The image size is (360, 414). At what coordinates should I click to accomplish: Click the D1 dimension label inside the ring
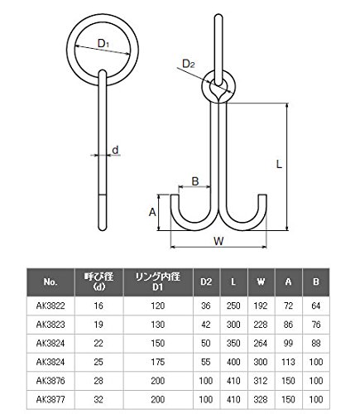[x=103, y=43]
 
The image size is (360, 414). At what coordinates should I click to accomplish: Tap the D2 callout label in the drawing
[x=189, y=64]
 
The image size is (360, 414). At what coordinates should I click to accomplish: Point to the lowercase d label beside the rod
[x=115, y=150]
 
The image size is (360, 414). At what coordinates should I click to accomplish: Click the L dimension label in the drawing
[x=279, y=165]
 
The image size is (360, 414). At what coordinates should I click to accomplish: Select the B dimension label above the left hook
[x=195, y=181]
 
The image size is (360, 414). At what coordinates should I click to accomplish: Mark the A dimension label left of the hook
[x=152, y=212]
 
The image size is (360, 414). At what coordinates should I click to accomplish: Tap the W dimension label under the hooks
[x=218, y=241]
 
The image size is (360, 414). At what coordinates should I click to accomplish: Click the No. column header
[x=50, y=282]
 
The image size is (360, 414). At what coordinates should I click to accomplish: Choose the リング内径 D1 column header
[x=158, y=282]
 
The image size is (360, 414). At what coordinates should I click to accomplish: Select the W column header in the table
[x=261, y=282]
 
